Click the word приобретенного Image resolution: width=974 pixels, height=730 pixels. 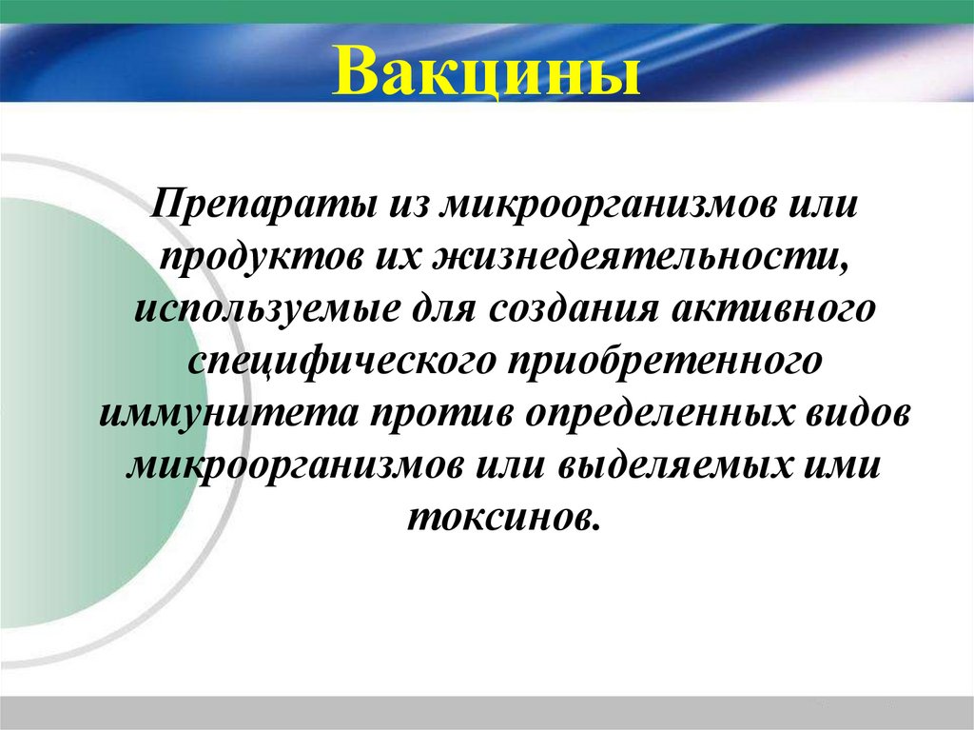[x=657, y=363]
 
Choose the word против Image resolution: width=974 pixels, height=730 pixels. [x=436, y=416]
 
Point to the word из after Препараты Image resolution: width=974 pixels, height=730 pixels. [x=404, y=204]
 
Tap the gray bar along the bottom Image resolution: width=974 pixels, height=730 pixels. [x=486, y=711]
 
